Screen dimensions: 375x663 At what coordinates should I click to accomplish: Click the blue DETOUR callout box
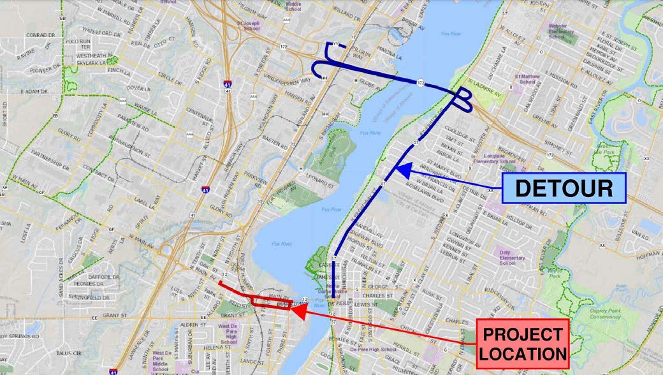564,188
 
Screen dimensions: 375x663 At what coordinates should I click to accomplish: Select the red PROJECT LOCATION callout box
523,344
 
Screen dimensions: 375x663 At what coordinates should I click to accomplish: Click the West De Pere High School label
228,334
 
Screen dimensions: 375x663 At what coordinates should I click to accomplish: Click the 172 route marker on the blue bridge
421,84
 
